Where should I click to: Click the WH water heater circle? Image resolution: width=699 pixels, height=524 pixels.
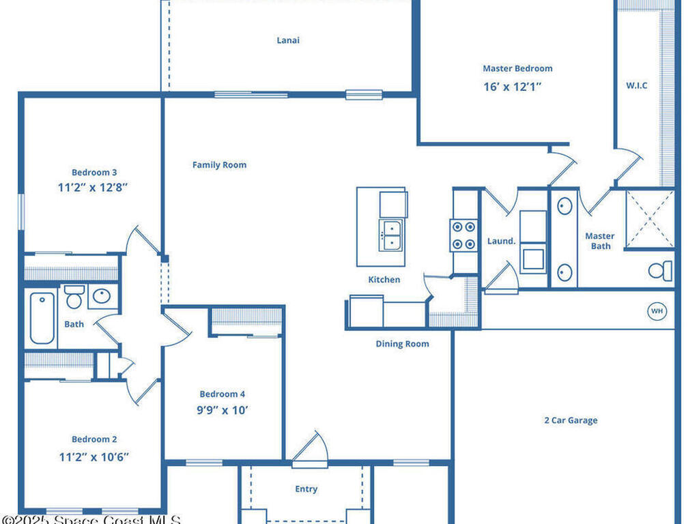pos(657,311)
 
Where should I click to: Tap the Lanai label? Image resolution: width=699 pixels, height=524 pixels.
pos(288,40)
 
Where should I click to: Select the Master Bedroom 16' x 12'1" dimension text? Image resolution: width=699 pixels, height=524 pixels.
pos(517,87)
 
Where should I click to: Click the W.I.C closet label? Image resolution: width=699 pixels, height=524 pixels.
pos(636,85)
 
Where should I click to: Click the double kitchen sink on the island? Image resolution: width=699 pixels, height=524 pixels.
pos(392,235)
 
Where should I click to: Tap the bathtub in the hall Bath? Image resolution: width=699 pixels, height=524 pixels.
pos(42,318)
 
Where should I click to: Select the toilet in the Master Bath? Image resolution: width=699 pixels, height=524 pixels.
pos(660,271)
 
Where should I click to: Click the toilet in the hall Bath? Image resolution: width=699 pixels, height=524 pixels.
pos(74,297)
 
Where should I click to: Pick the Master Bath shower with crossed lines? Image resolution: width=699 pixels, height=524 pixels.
pos(650,218)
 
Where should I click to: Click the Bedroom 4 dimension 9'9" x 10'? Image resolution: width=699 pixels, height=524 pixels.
pos(223,411)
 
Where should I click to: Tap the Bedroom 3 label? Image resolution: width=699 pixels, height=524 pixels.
pos(94,173)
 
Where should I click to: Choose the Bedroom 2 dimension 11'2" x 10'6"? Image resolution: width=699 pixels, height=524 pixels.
pos(94,456)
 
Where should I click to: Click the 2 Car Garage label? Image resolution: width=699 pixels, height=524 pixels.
pos(571,420)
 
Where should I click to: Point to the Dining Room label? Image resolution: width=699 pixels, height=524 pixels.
pos(402,344)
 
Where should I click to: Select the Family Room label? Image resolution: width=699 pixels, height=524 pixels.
pos(219,165)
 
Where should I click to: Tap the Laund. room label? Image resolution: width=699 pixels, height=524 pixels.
pos(501,242)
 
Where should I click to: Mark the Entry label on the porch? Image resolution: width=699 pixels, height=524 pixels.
pos(306,489)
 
